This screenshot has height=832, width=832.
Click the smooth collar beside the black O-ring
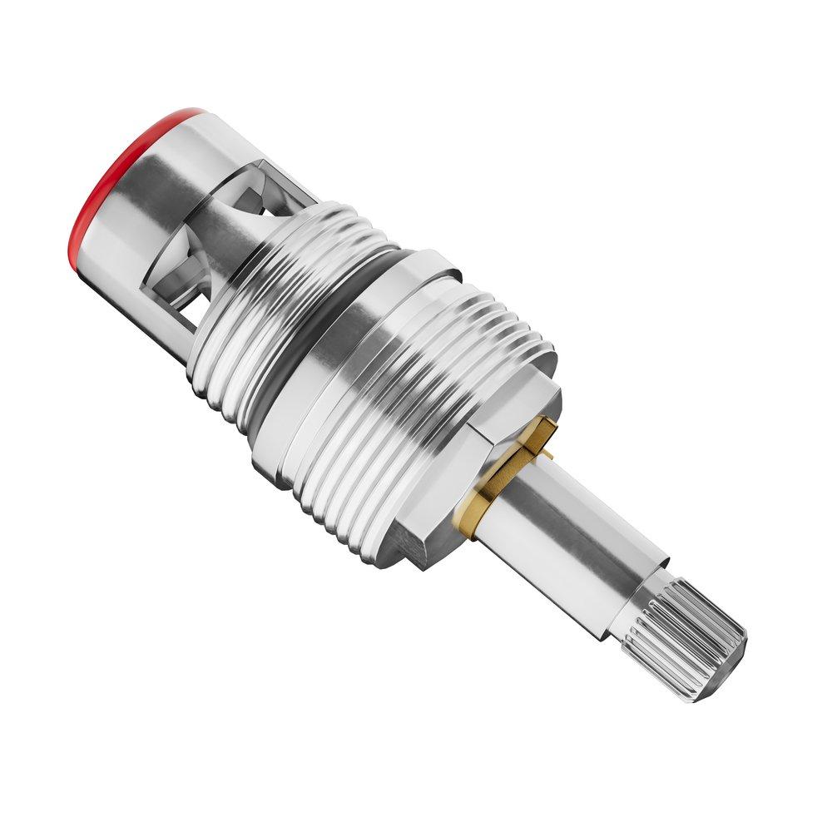point(358,349)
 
